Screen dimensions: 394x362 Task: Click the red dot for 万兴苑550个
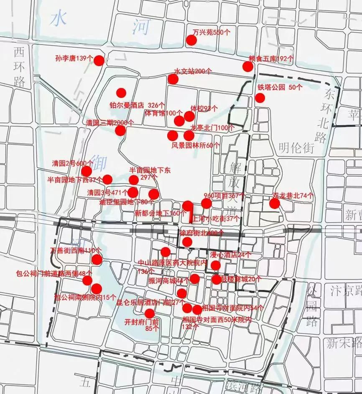pos(191,40)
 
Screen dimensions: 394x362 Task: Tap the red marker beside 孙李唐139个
pos(99,60)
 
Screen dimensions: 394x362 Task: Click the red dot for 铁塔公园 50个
pos(260,98)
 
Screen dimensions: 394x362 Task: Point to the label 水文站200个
pos(193,71)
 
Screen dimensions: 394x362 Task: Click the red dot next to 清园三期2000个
pos(120,131)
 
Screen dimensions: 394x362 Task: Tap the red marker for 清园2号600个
pos(87,171)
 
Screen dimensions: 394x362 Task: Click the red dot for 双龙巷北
pos(274,203)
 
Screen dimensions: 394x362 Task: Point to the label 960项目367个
pos(224,196)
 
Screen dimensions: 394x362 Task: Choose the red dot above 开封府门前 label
pos(149,313)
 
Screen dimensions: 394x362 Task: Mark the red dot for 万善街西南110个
pos(97,260)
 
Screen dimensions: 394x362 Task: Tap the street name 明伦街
pos(296,147)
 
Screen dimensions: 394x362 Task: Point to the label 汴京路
pos(345,289)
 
